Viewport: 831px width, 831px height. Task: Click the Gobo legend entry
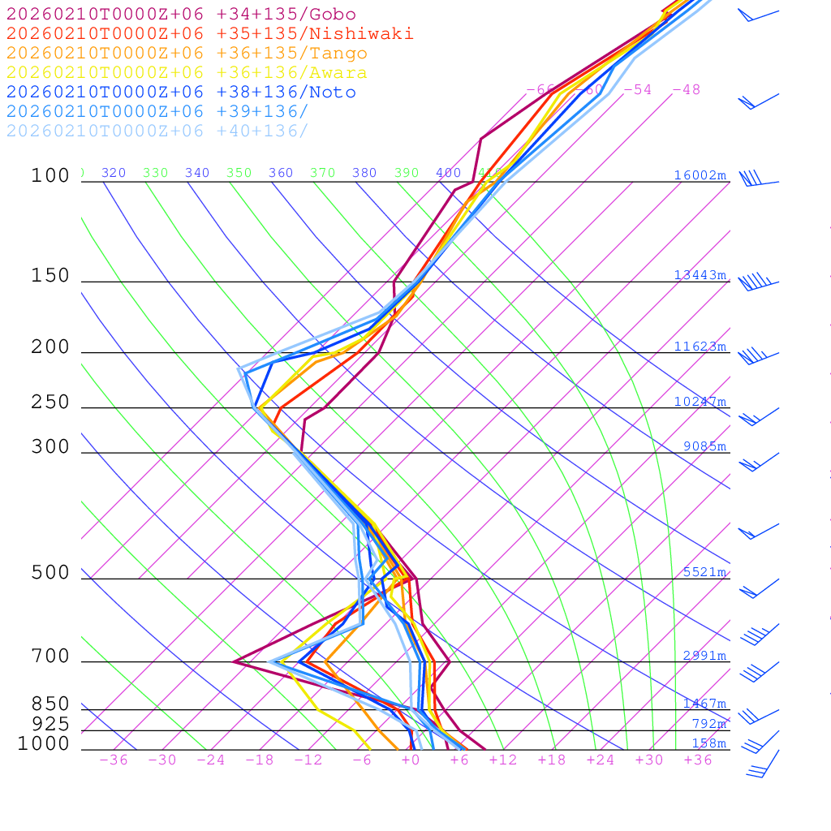[181, 14]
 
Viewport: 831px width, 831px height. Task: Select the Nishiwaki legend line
[209, 33]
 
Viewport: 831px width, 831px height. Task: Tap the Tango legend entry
[187, 54]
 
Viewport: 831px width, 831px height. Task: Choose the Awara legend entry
[187, 73]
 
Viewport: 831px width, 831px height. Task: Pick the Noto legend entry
[181, 93]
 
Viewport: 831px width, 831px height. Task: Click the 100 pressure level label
[50, 175]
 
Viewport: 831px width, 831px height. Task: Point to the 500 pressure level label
[50, 573]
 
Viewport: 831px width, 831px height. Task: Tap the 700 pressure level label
[50, 657]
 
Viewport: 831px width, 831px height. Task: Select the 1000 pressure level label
[45, 743]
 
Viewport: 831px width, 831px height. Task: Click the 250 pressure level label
[50, 403]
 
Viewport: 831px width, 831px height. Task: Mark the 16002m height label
[700, 175]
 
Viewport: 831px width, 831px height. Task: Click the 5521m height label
[704, 572]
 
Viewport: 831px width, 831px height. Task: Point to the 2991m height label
[704, 656]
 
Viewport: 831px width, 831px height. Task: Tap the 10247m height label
[700, 402]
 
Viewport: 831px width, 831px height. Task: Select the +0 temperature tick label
[411, 760]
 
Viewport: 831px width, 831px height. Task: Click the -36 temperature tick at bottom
[113, 760]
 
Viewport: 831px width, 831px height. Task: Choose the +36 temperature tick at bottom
[698, 760]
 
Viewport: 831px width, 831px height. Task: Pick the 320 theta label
[114, 173]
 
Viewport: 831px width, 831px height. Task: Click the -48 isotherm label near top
[686, 89]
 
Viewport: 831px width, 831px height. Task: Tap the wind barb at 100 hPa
[751, 179]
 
